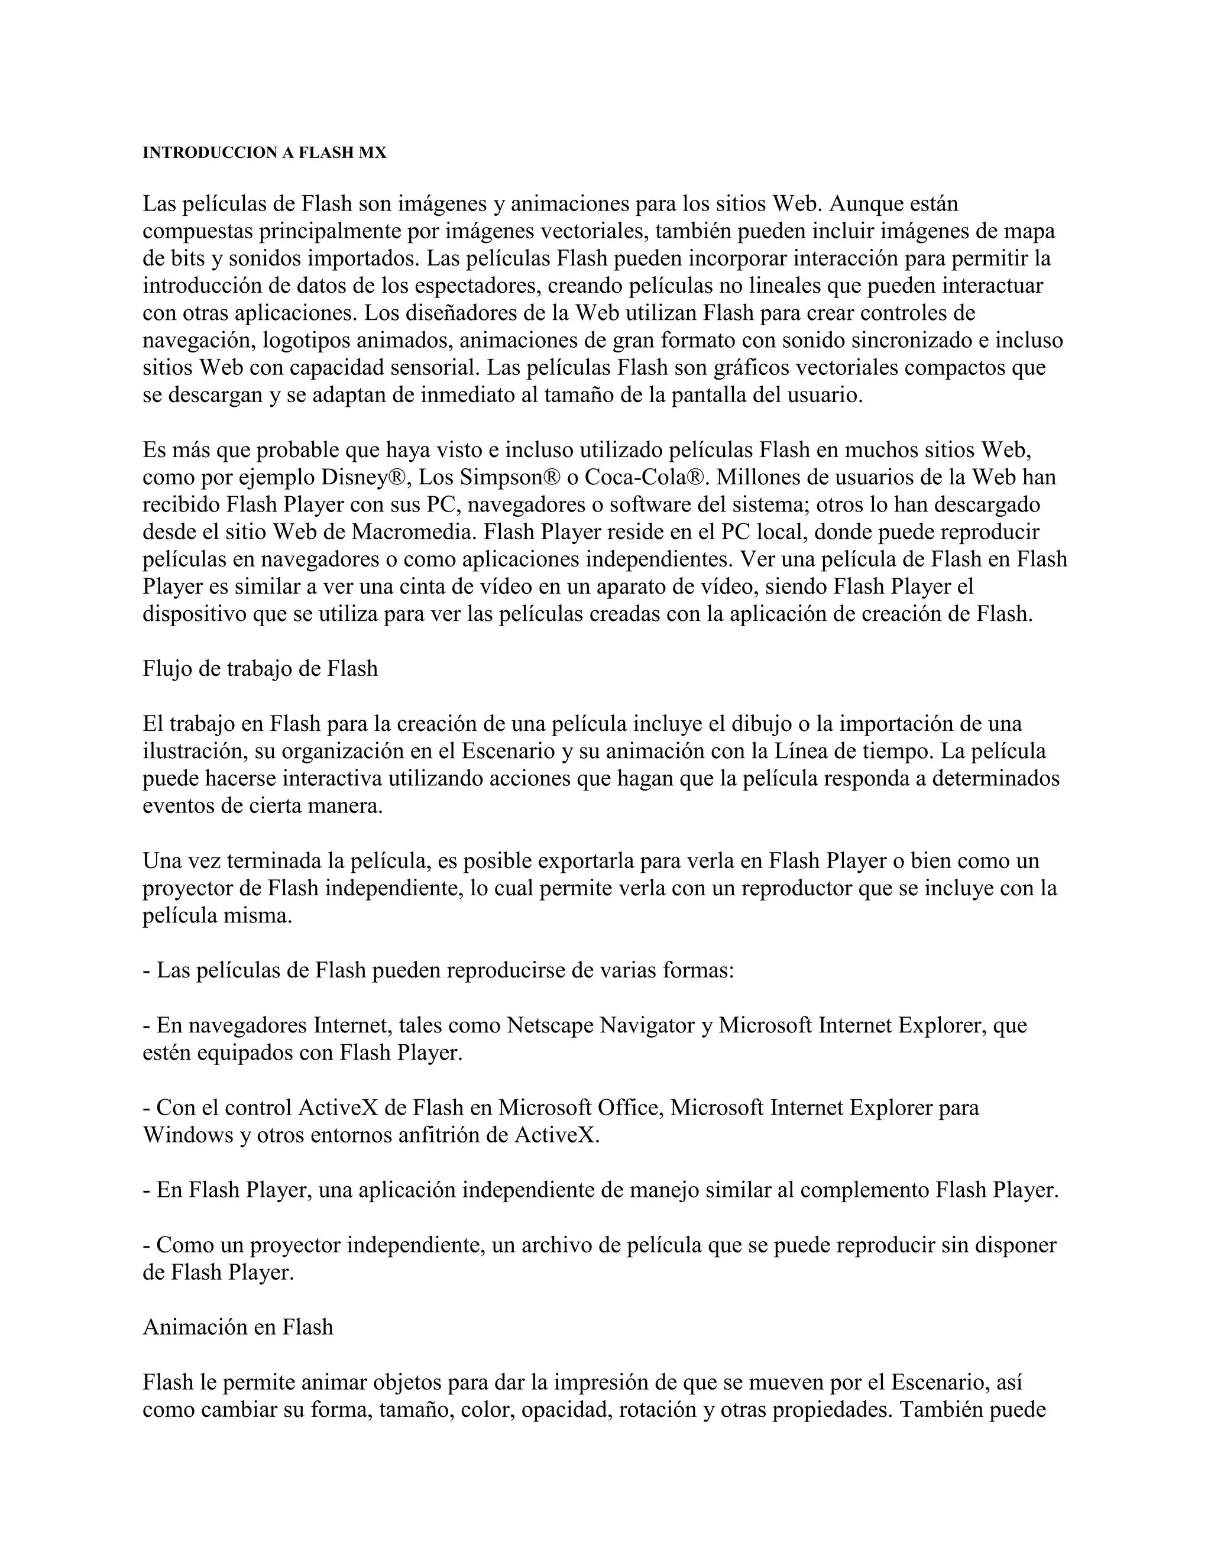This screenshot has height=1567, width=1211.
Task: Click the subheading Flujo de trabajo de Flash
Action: pyautogui.click(x=260, y=669)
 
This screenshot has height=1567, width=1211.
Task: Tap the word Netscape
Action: pyautogui.click(x=551, y=1025)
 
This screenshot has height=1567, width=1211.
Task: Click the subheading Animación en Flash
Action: pyautogui.click(x=238, y=1327)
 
